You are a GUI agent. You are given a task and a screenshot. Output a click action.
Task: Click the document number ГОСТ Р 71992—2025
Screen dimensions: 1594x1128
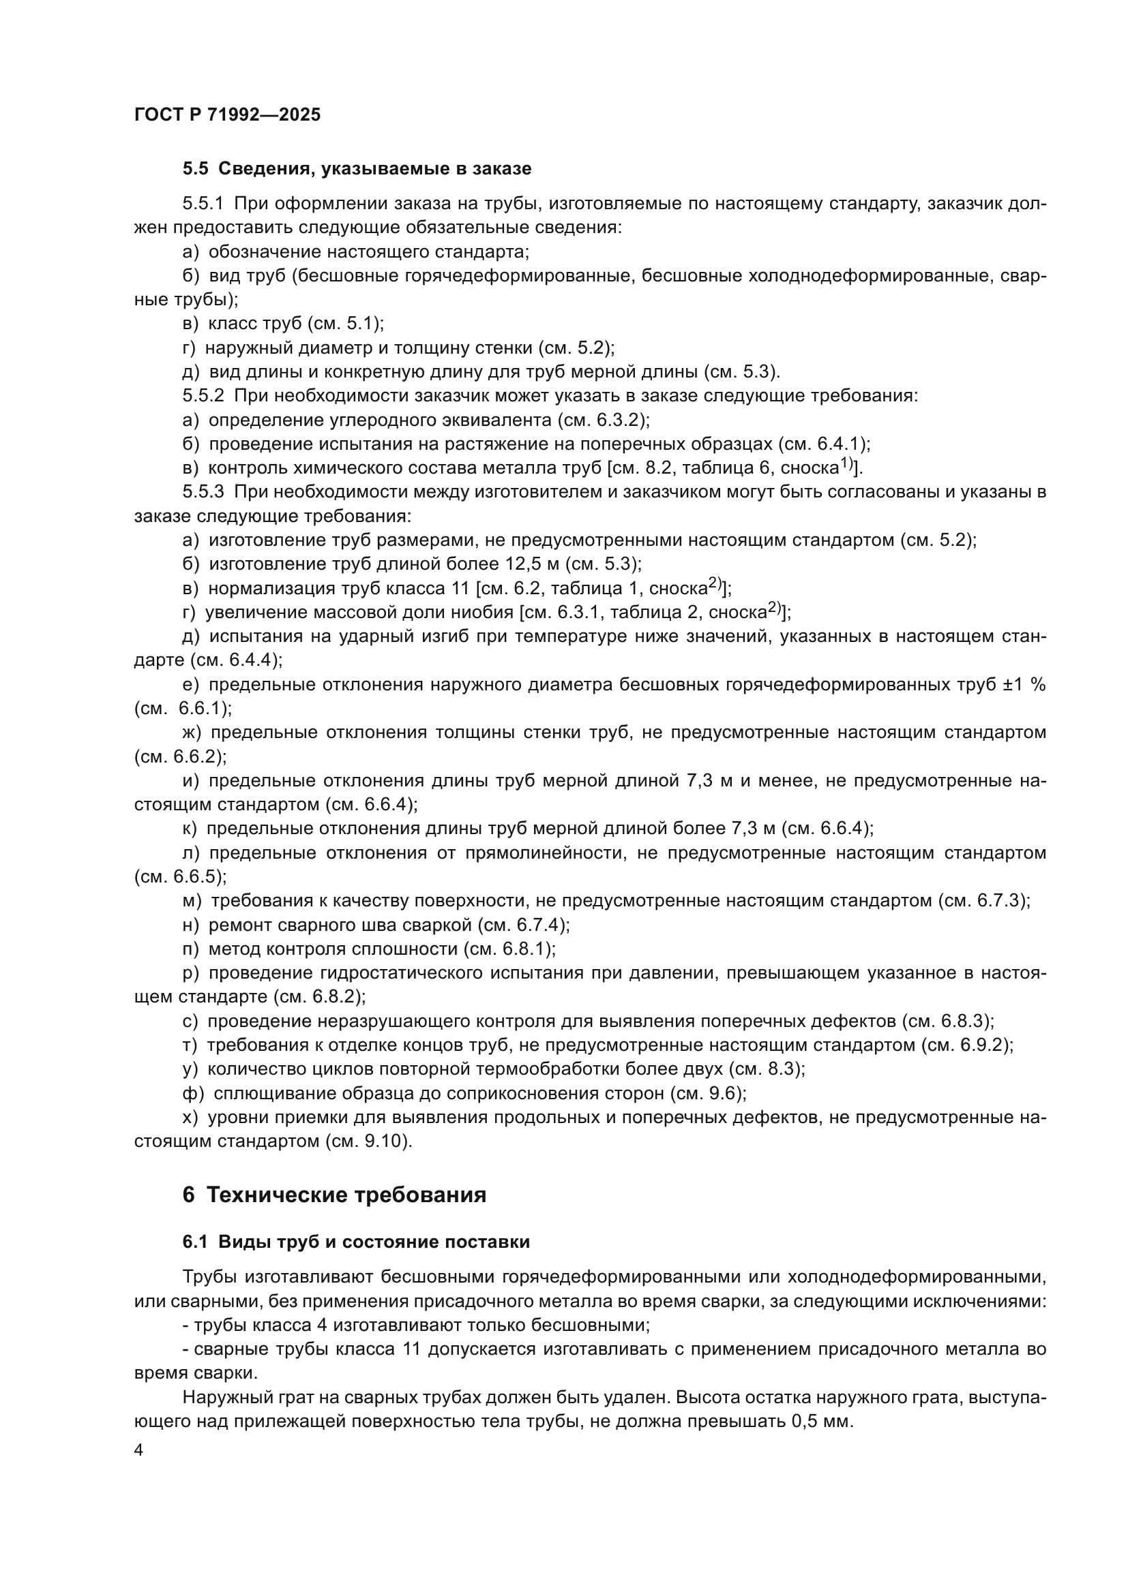click(227, 115)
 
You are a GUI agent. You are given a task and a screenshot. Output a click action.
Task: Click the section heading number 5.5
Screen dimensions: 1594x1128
click(195, 169)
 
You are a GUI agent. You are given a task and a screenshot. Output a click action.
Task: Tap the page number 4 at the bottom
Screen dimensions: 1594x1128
click(139, 1451)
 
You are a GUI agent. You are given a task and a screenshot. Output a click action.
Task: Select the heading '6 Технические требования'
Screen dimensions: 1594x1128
click(334, 1195)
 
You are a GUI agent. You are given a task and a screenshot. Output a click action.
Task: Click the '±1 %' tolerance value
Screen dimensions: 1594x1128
click(1024, 684)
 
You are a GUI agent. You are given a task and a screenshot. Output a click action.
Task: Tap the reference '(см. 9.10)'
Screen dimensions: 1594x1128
click(369, 1141)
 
